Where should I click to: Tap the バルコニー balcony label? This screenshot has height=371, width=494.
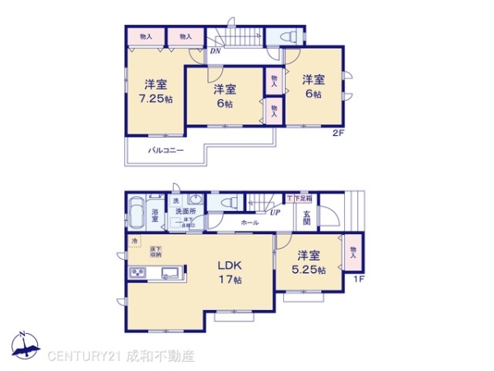tap(165, 150)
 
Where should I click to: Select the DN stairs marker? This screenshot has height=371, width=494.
tap(214, 51)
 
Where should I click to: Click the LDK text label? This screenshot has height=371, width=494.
tap(230, 265)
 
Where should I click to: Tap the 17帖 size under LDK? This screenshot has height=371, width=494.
tap(230, 280)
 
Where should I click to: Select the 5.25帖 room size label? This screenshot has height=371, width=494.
tap(308, 270)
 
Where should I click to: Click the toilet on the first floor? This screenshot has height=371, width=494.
tap(231, 202)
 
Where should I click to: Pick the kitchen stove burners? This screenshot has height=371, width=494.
tap(136, 272)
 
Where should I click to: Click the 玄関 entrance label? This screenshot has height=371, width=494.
tap(306, 217)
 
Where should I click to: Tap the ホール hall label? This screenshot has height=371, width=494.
tap(249, 223)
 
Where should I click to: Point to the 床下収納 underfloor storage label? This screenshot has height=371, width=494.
tap(156, 251)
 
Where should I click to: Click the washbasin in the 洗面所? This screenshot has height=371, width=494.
tap(195, 201)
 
